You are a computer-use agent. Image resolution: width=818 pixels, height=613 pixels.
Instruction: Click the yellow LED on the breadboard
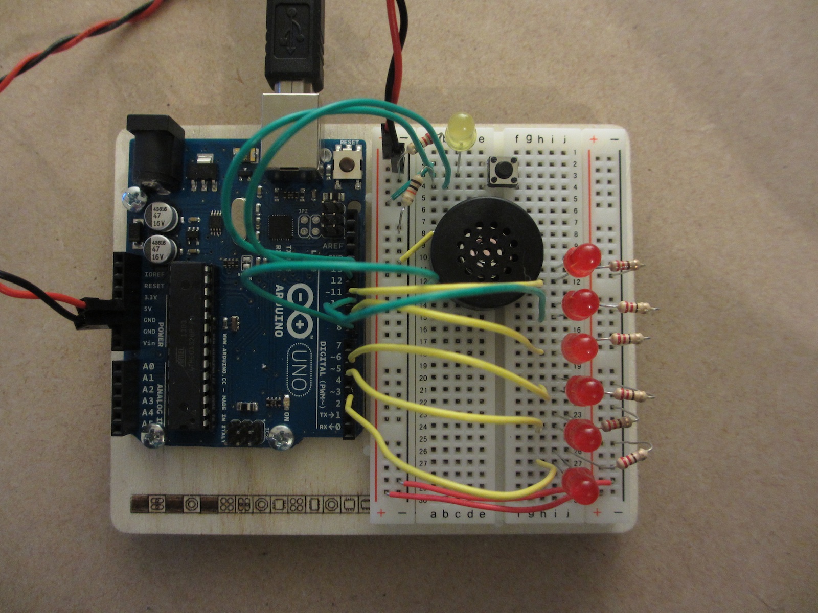(x=460, y=129)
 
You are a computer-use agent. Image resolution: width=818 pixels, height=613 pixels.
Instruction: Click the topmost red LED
(x=582, y=260)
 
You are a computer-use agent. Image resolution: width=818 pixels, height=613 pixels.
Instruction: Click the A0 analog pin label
(x=148, y=366)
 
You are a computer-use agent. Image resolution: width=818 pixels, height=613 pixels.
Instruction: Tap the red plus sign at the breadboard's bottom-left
(x=380, y=512)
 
